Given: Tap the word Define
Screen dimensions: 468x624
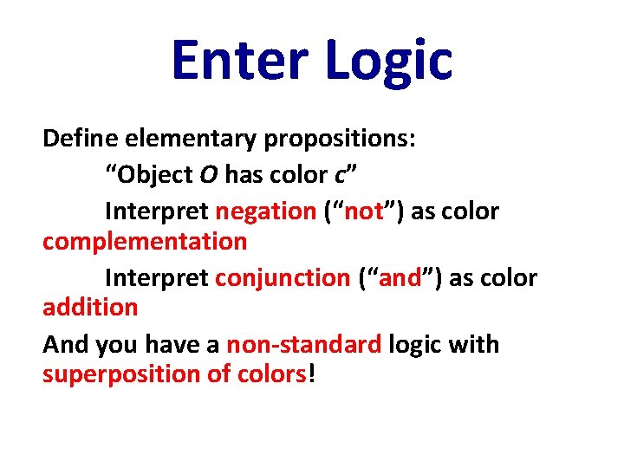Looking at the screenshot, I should (x=81, y=139).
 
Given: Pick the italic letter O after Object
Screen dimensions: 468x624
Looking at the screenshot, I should (x=209, y=175).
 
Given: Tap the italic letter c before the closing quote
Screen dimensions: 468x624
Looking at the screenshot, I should (x=339, y=176).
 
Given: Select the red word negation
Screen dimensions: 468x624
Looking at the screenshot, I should (x=266, y=211).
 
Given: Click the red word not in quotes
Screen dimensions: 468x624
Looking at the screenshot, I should (x=365, y=211).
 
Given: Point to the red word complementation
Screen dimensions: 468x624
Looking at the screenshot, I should (x=145, y=242).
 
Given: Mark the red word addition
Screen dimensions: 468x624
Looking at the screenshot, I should (x=90, y=308).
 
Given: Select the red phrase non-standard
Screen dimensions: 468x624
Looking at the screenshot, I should (x=303, y=344).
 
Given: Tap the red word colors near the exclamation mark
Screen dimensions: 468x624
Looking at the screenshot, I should (x=268, y=374).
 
